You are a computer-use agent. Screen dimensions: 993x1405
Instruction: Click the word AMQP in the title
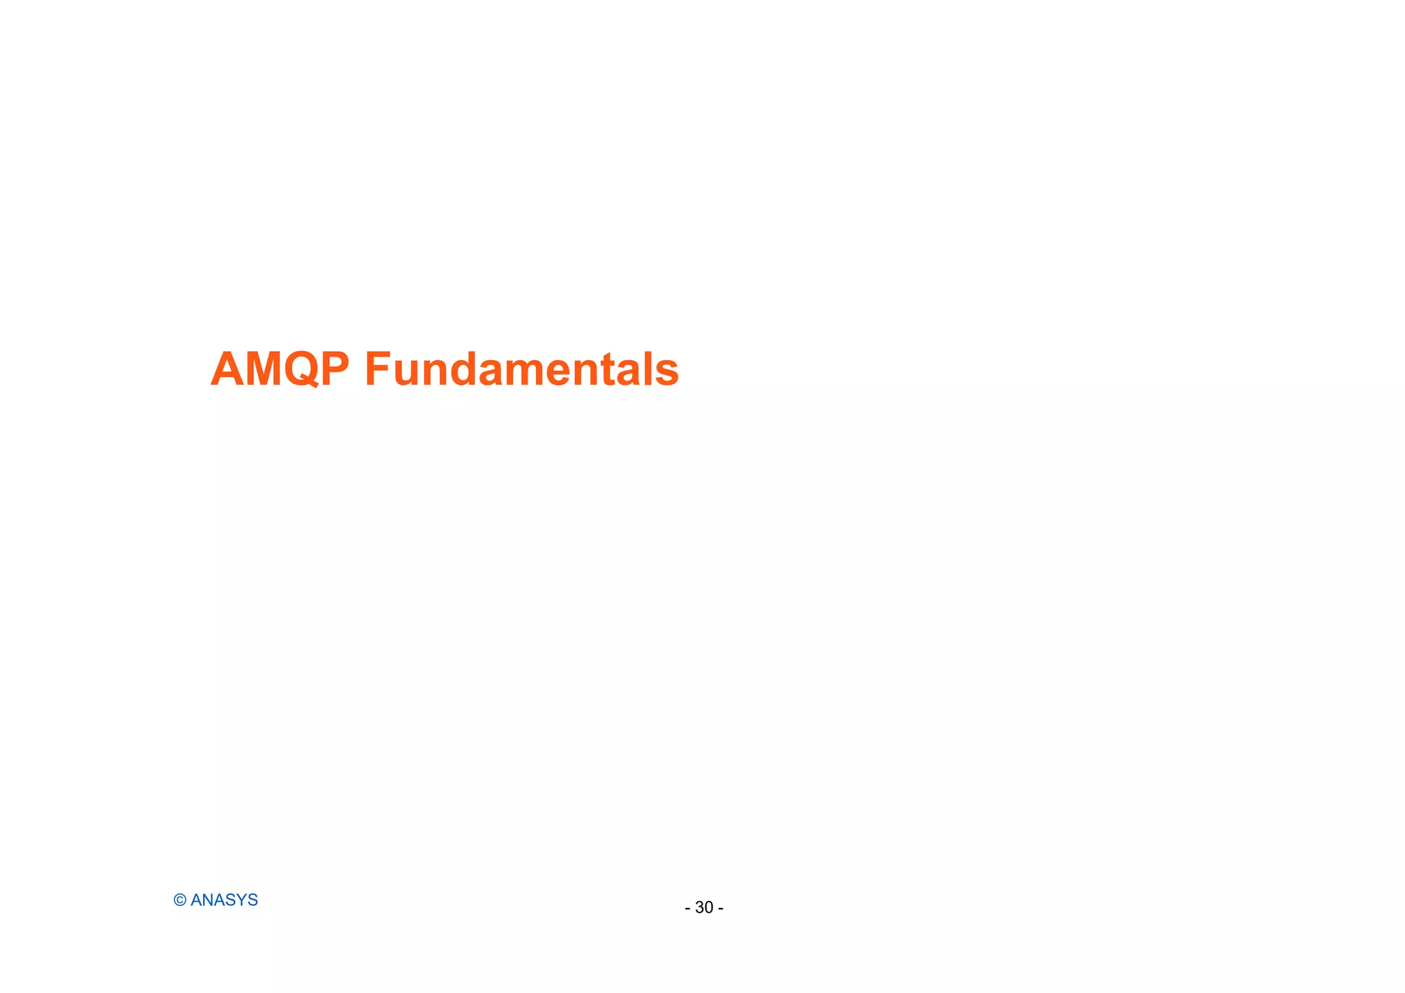click(280, 370)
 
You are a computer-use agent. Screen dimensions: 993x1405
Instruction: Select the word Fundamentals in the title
click(521, 370)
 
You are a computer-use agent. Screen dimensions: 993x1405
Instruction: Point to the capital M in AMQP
click(263, 370)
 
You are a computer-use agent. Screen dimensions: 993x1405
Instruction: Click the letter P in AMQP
click(335, 370)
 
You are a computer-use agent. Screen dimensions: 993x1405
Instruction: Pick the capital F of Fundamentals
click(377, 370)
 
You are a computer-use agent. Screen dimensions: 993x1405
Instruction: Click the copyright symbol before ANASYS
click(180, 900)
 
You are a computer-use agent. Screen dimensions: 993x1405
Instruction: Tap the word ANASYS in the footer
click(224, 900)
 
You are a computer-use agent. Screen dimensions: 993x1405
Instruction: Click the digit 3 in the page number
click(699, 908)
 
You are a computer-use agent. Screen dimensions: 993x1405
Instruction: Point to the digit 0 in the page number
click(709, 908)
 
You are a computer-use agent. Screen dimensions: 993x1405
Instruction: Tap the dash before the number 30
click(687, 909)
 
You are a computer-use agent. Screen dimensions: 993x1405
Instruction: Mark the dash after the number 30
click(720, 909)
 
